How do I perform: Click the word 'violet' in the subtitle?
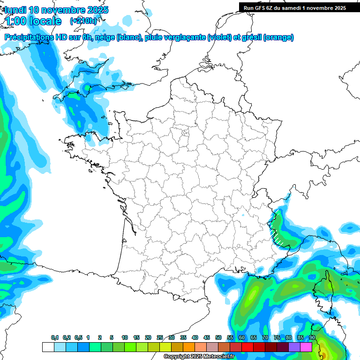point(219,37)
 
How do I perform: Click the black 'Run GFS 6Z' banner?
point(294,7)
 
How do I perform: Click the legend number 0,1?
point(55,338)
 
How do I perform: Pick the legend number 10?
point(124,338)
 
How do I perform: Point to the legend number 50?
point(218,338)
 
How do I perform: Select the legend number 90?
point(312,338)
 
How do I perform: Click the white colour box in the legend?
point(48,347)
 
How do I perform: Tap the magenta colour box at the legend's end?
point(306,347)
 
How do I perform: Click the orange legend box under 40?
point(188,347)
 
